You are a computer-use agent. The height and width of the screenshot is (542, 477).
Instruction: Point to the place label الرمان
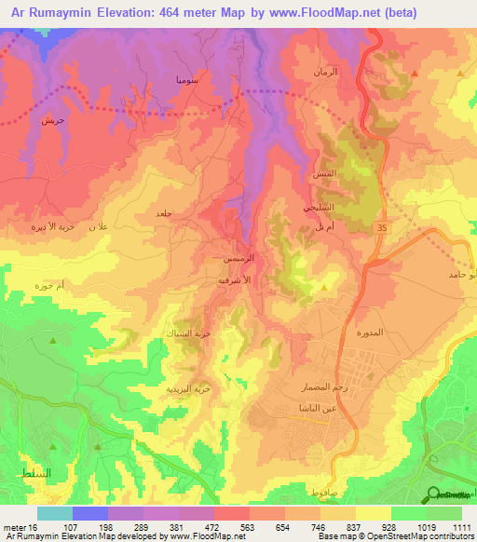(x=322, y=72)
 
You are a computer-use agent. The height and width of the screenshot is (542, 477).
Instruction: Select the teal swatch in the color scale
(x=54, y=513)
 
